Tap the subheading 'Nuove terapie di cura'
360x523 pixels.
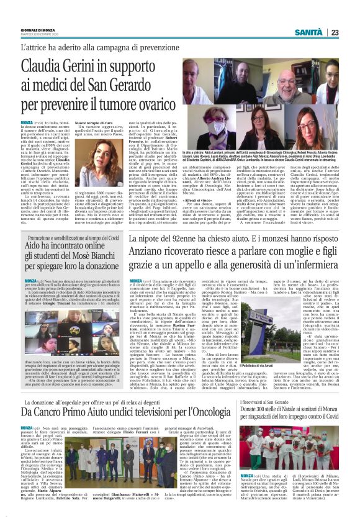tap(97, 125)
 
